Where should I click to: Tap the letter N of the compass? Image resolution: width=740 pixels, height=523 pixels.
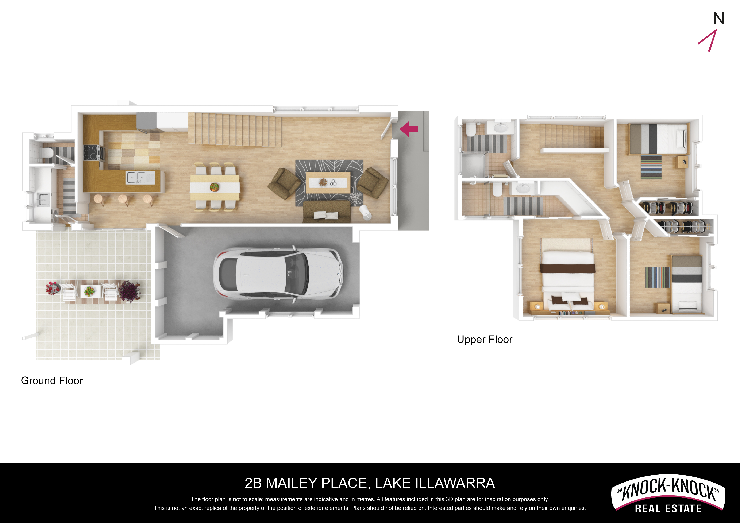click(718, 19)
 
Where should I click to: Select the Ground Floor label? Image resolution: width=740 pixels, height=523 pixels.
click(52, 381)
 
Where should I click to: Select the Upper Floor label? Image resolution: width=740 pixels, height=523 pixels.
click(484, 339)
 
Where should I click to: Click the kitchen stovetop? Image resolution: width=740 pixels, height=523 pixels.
click(92, 153)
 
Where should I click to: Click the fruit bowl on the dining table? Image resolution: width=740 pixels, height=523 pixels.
click(214, 187)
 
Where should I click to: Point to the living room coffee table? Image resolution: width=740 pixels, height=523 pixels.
click(328, 183)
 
